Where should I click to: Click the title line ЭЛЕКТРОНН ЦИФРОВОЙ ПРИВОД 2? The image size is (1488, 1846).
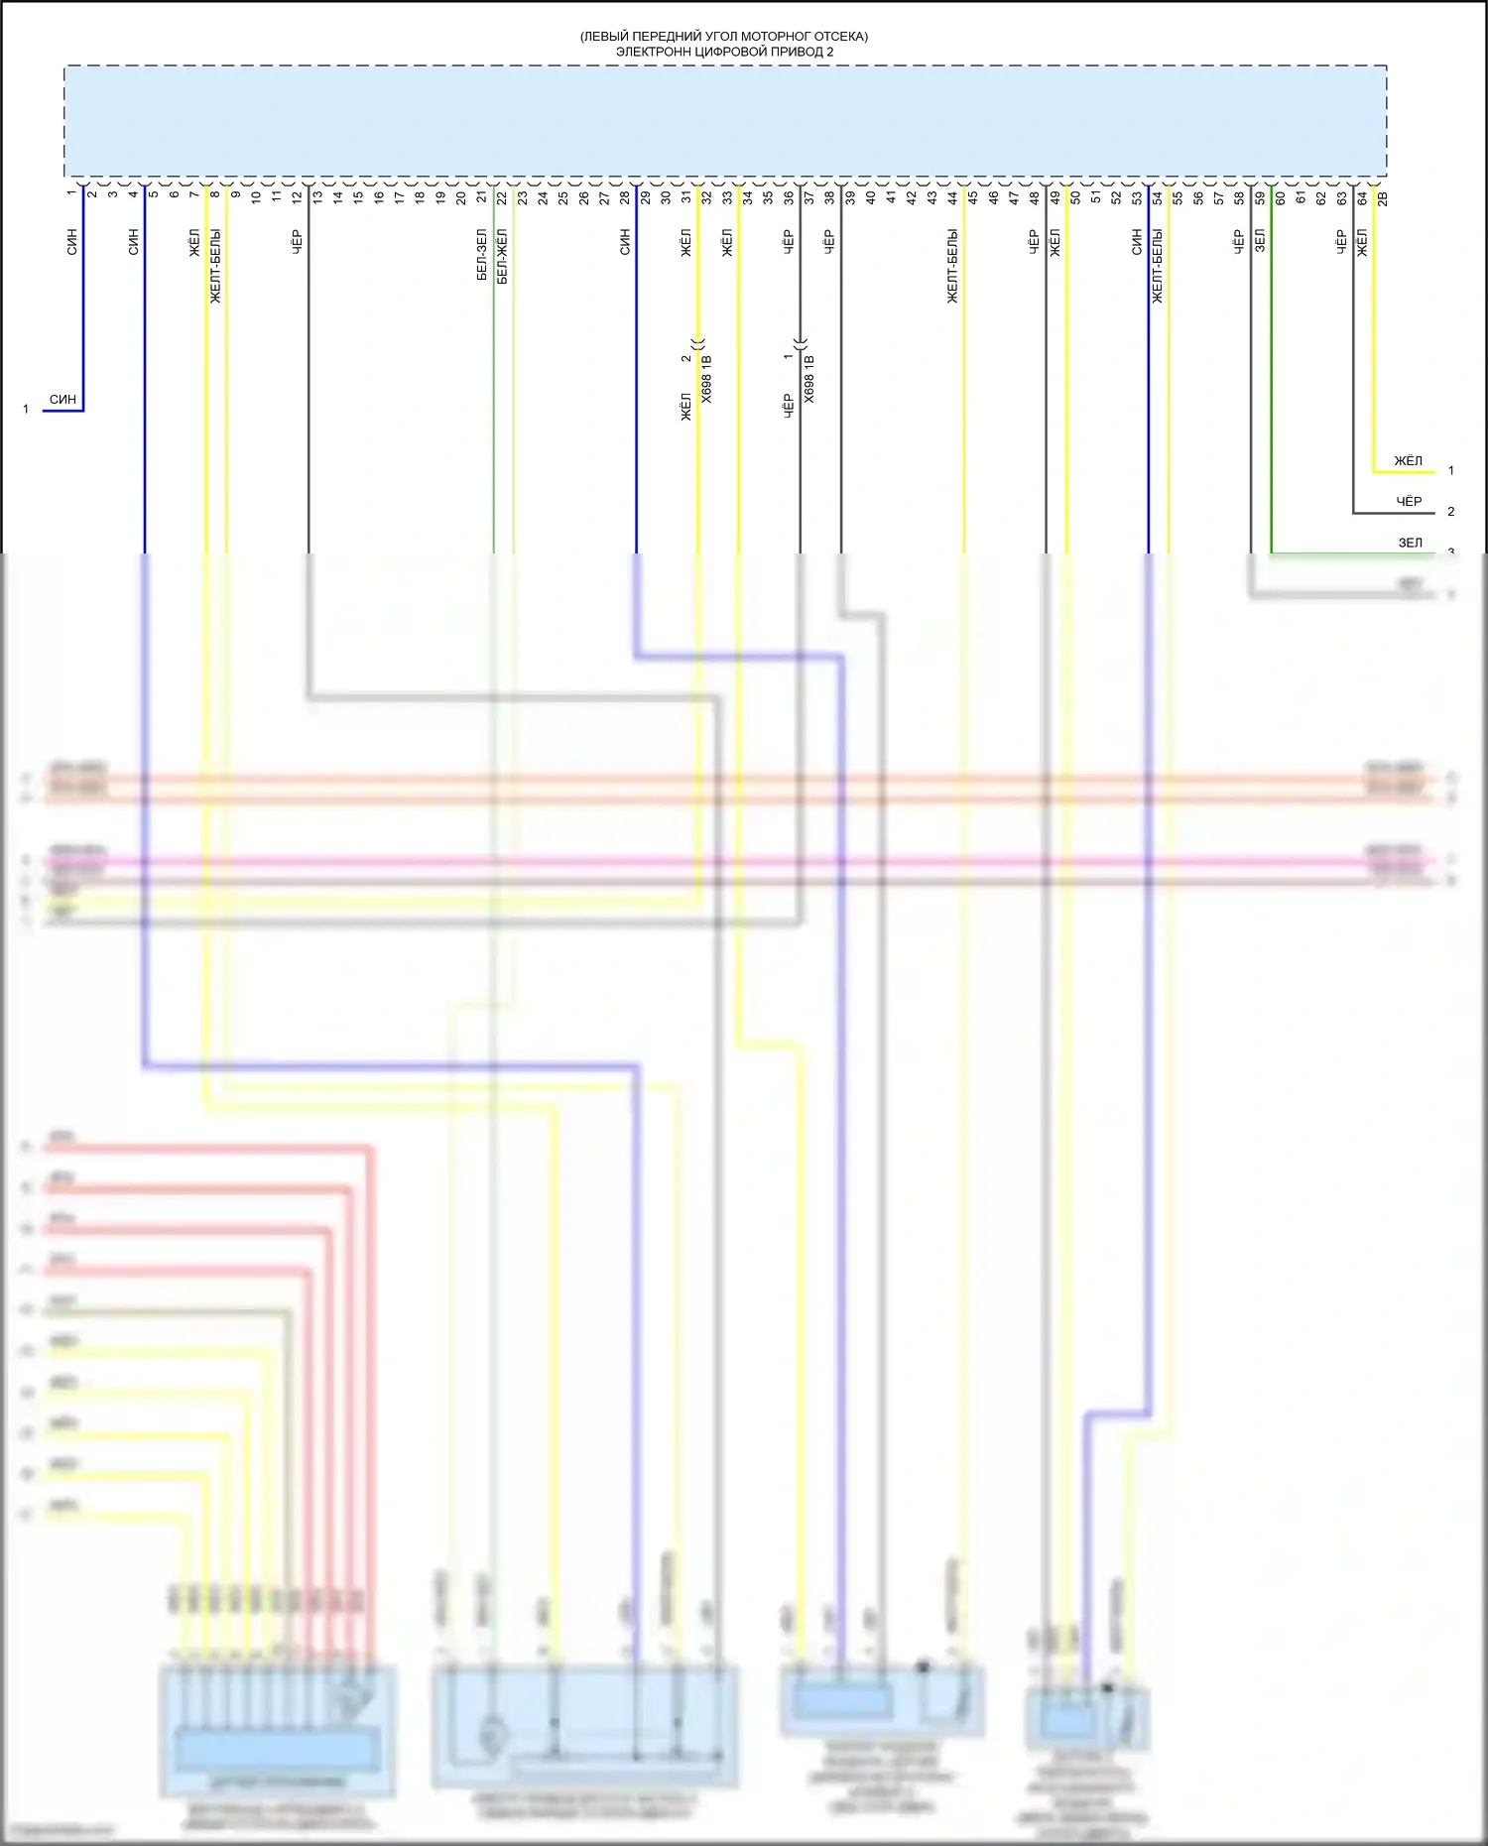click(x=724, y=52)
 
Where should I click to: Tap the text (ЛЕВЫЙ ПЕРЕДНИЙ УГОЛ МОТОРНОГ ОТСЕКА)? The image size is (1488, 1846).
click(x=724, y=37)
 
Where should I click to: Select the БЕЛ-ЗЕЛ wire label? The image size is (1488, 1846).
click(x=482, y=255)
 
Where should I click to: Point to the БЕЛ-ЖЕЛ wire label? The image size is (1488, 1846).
click(x=502, y=256)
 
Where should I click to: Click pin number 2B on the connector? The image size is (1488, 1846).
click(x=1383, y=198)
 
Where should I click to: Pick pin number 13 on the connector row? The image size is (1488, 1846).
click(x=317, y=196)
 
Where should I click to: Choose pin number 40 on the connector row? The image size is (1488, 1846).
click(x=871, y=197)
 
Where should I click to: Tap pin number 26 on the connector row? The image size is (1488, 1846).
click(x=583, y=197)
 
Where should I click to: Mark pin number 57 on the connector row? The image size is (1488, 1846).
click(x=1219, y=197)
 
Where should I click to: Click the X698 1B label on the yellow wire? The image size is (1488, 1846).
click(x=706, y=379)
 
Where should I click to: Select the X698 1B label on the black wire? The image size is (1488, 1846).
click(x=809, y=379)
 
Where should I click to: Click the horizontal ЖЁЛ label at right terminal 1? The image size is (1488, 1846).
click(x=1408, y=461)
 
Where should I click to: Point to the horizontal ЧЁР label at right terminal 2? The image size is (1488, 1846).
click(x=1409, y=502)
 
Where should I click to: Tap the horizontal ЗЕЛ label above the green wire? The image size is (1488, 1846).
click(x=1410, y=544)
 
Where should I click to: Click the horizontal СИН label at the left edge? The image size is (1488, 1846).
click(x=62, y=400)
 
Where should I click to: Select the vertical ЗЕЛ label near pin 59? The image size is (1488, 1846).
click(x=1260, y=241)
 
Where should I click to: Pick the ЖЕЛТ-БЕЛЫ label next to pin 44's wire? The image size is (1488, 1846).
click(x=952, y=266)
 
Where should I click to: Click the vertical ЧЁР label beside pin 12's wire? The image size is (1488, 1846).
click(x=297, y=241)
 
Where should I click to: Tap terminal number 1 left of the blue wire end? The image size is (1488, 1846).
click(x=26, y=410)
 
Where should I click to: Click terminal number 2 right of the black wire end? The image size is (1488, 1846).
click(x=1450, y=512)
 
